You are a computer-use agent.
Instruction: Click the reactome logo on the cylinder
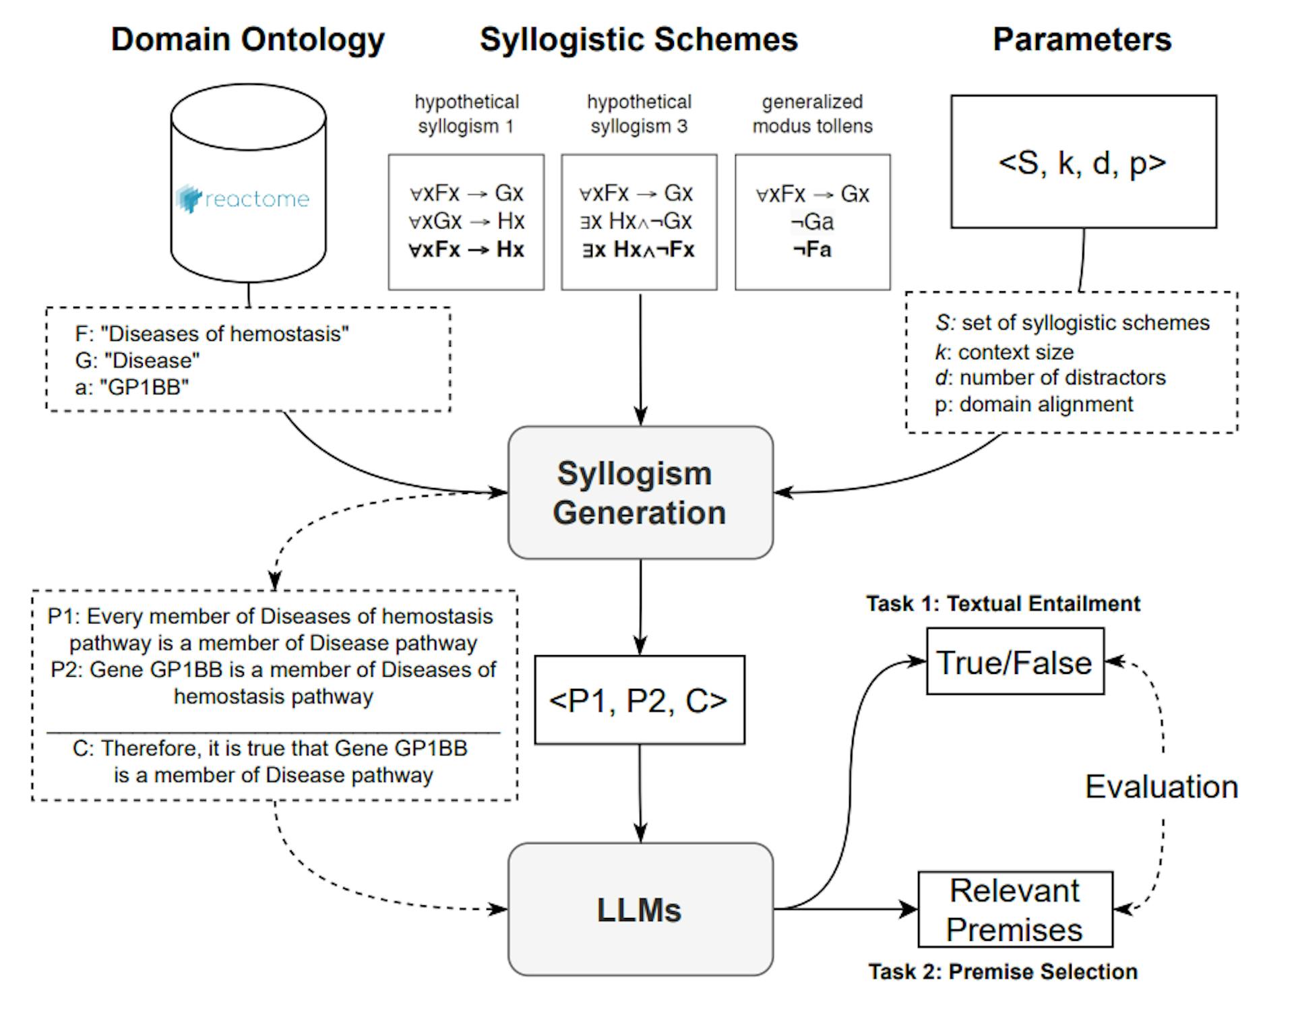click(x=243, y=199)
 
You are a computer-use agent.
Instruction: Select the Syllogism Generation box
click(x=640, y=493)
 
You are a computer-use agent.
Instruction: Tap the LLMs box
click(x=640, y=909)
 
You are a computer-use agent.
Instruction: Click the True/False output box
click(x=1014, y=662)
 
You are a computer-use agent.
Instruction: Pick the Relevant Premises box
click(x=1014, y=909)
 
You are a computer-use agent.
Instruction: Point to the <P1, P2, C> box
click(x=639, y=700)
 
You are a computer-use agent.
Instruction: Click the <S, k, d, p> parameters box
click(x=1083, y=162)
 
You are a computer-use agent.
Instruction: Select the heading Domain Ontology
click(x=247, y=39)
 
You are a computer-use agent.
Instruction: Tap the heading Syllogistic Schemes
click(x=638, y=39)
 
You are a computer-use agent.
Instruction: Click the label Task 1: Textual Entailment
click(x=1003, y=603)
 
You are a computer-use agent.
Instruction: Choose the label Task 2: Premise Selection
click(x=1003, y=971)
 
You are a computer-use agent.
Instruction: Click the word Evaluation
click(x=1161, y=787)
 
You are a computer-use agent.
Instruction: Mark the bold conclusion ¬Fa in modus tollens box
click(x=812, y=249)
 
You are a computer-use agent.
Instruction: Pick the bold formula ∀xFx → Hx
click(x=466, y=249)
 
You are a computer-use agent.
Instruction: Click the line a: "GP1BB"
click(x=132, y=387)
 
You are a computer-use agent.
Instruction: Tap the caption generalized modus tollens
click(x=812, y=113)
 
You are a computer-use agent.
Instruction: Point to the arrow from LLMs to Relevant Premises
click(x=846, y=909)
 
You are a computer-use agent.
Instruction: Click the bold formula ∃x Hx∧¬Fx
click(x=638, y=249)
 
